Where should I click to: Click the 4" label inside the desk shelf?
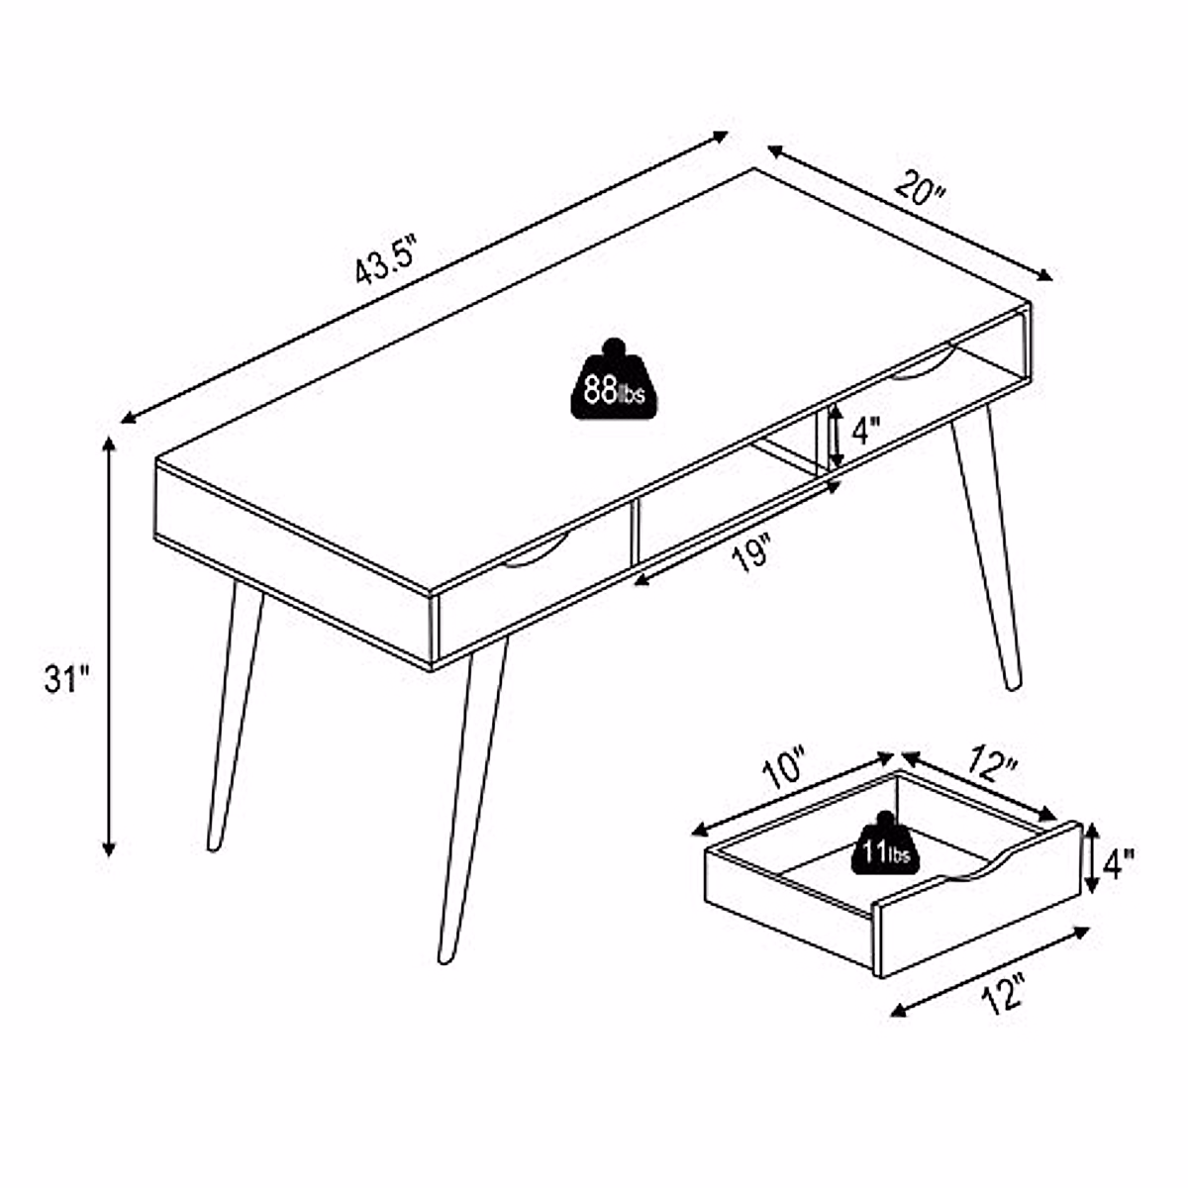coord(866,433)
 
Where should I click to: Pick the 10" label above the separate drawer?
coord(786,770)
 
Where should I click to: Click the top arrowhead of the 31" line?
coord(110,444)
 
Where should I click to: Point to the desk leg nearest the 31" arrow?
coord(235,713)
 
